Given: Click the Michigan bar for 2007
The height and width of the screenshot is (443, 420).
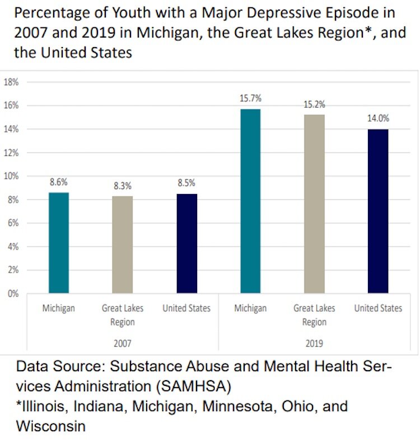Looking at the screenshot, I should [x=59, y=243].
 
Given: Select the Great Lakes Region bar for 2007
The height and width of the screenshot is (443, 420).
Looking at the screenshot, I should [x=123, y=244].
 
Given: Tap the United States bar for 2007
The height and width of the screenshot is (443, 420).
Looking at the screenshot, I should [x=186, y=243].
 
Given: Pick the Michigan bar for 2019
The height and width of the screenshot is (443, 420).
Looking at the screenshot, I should [x=250, y=201].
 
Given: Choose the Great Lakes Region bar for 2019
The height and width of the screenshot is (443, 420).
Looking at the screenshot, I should [x=314, y=204].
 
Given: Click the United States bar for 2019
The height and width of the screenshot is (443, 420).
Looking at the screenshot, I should [x=378, y=211].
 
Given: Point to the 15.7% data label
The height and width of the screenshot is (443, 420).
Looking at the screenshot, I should [x=250, y=98].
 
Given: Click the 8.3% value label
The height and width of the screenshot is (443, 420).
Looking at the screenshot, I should [x=123, y=185].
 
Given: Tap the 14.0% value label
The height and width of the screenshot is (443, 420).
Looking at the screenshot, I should [x=378, y=118].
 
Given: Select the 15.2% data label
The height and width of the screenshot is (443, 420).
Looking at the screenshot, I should [x=314, y=104].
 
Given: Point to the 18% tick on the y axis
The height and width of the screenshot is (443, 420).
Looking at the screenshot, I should [x=12, y=82].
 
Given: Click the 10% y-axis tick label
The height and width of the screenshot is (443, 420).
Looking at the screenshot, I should [x=12, y=176].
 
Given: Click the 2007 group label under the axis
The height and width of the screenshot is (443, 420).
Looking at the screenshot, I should [x=122, y=343].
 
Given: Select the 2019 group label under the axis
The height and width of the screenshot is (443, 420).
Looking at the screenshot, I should [x=314, y=343].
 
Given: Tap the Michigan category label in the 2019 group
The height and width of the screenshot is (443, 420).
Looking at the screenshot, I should [x=250, y=308].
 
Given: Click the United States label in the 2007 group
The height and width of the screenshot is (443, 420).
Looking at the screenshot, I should [x=186, y=308].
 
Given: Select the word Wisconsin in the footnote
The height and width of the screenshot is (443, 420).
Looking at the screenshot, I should [x=51, y=426].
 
